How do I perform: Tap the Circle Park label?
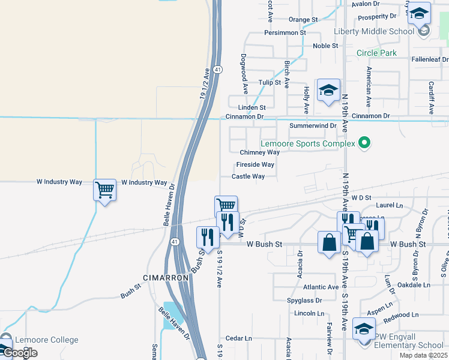[376, 53]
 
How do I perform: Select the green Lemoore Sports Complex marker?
[363, 143]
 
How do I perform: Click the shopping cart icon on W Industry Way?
[105, 191]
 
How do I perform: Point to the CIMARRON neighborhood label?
[162, 277]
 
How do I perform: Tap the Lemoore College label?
[47, 340]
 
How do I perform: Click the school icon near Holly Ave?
[328, 91]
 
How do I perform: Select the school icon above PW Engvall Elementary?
[364, 329]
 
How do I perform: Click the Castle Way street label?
[249, 176]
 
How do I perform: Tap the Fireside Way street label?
[255, 164]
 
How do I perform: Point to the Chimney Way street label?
[260, 152]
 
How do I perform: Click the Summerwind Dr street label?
[313, 125]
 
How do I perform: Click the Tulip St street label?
[270, 82]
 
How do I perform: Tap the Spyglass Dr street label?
[304, 300]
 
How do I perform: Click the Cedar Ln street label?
[240, 338]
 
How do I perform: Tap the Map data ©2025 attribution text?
[423, 355]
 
